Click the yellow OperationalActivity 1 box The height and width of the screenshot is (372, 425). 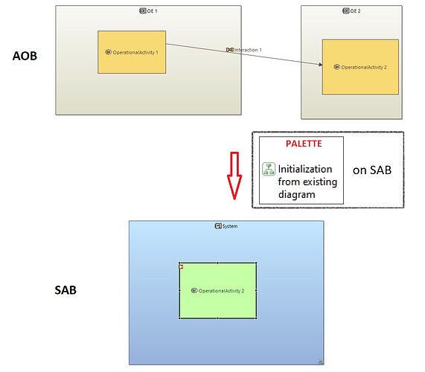point(132,52)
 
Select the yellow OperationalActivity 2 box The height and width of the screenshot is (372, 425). point(360,67)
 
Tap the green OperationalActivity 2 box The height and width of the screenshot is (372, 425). point(217,290)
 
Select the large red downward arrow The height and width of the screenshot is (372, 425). point(234,176)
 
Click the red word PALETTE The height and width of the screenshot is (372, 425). point(304,144)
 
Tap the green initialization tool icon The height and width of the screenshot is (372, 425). point(269,169)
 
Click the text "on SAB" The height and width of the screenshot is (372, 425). point(372,170)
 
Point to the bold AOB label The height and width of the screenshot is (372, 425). point(25,56)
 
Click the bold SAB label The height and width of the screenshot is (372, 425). point(65,290)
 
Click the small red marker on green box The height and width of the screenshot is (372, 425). point(182,267)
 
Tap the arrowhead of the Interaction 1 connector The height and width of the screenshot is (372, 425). point(320,65)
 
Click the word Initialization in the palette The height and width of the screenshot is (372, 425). point(305,169)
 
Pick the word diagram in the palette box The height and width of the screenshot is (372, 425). point(296,194)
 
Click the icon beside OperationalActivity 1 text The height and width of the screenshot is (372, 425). point(108,52)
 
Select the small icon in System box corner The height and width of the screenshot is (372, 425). point(321,362)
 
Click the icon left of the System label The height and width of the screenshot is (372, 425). point(218,226)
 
